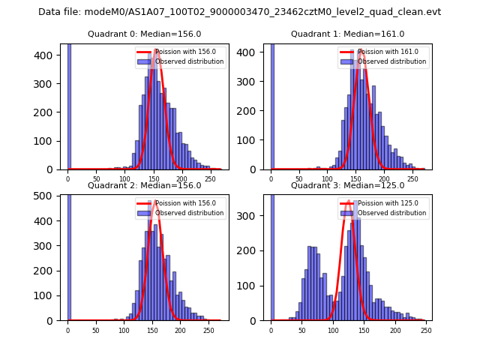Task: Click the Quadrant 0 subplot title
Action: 144,34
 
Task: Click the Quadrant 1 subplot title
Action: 347,34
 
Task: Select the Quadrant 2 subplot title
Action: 144,185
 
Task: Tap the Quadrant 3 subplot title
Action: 347,185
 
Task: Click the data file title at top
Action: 239,12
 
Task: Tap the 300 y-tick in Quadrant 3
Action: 254,216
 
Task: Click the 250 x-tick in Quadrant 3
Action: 425,329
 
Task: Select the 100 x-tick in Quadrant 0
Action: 124,178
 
